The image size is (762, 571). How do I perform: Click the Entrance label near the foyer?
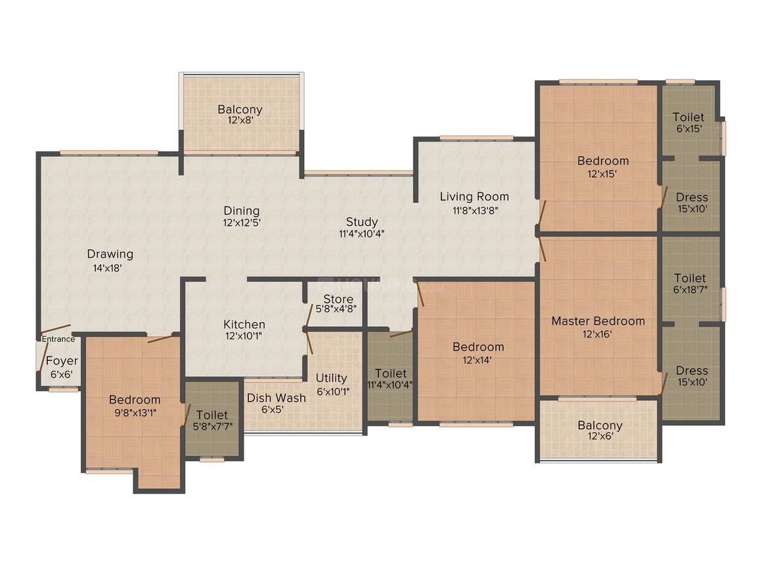click(58, 339)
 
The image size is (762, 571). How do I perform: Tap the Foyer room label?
click(62, 361)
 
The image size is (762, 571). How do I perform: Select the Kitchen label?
click(244, 324)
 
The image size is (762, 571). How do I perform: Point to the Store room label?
click(338, 299)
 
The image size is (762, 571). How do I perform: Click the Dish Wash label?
click(276, 398)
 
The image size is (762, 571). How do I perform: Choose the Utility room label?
click(331, 378)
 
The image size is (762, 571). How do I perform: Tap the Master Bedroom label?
click(598, 321)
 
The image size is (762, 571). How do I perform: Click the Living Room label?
click(474, 196)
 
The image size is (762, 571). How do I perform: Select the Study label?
click(362, 222)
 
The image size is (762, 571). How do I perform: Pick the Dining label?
click(241, 211)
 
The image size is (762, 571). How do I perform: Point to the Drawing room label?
click(110, 254)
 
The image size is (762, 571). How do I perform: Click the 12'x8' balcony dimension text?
click(240, 121)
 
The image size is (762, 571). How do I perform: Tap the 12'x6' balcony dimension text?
click(600, 437)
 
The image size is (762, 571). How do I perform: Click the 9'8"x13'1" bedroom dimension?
click(134, 412)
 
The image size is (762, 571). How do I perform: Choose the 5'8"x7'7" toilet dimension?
click(212, 427)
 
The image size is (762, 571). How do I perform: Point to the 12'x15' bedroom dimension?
click(602, 173)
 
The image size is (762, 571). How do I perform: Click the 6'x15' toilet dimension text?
click(688, 129)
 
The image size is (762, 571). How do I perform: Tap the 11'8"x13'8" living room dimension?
click(474, 209)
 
